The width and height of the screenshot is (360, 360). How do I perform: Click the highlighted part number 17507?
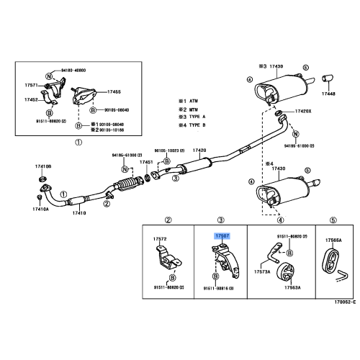pyautogui.click(x=220, y=235)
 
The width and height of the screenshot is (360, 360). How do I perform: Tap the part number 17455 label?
pyautogui.click(x=114, y=91)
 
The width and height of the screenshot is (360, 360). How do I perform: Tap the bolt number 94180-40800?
pyautogui.click(x=71, y=71)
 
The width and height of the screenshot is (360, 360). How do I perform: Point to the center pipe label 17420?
pyautogui.click(x=199, y=150)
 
